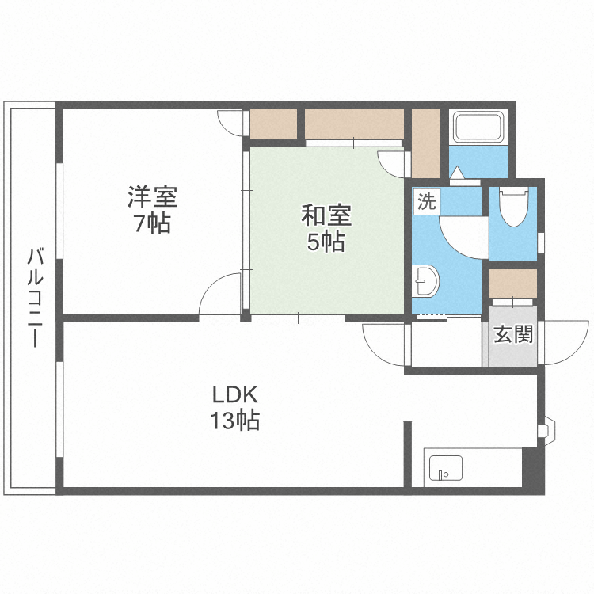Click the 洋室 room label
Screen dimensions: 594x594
[153, 196]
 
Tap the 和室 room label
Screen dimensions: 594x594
[326, 214]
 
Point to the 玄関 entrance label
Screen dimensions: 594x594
[512, 334]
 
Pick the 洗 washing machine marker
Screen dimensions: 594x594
[426, 201]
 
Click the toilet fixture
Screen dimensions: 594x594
[513, 208]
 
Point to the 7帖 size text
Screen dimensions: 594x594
[151, 224]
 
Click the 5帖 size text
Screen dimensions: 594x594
[326, 242]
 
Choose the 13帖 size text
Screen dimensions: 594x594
[235, 421]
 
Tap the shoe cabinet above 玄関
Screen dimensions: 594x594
[512, 282]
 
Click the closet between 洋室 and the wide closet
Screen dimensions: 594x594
[273, 124]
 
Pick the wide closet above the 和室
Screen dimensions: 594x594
[354, 124]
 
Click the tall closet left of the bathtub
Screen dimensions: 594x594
[425, 143]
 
